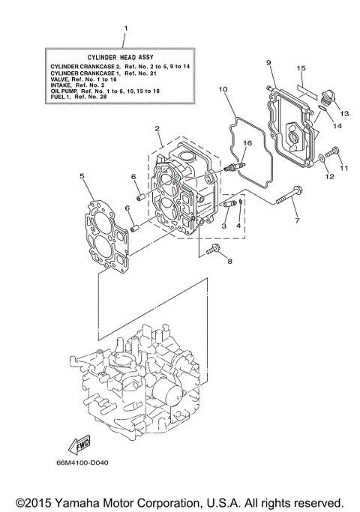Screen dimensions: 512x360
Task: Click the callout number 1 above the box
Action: click(x=125, y=29)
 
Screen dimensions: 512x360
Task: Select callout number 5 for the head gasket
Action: click(x=81, y=176)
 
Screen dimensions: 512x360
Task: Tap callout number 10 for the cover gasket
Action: click(x=223, y=90)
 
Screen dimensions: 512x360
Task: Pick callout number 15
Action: click(x=300, y=68)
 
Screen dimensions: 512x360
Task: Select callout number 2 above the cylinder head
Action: click(x=157, y=129)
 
